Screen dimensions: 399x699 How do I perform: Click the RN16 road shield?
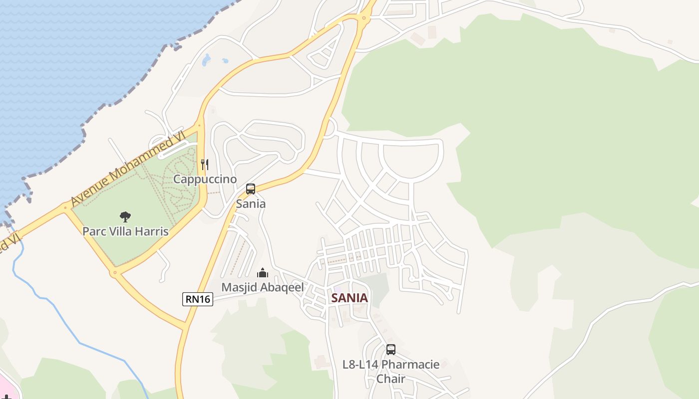[198, 299]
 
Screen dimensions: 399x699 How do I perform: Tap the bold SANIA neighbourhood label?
[349, 298]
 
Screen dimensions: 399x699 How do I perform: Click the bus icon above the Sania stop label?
[251, 189]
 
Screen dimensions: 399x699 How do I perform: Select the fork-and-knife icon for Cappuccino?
[204, 164]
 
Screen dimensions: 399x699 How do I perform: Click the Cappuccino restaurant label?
[205, 179]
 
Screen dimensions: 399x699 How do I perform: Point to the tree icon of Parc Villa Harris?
[125, 216]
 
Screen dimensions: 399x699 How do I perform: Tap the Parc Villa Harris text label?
[125, 231]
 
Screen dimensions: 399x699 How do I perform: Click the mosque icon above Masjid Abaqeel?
[262, 273]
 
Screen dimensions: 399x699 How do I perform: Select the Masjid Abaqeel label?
[262, 287]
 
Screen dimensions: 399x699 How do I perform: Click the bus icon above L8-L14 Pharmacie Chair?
[391, 350]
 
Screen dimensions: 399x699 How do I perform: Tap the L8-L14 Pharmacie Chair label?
[391, 371]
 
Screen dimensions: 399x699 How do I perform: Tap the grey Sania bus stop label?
[251, 203]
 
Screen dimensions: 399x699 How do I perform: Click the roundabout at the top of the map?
[364, 19]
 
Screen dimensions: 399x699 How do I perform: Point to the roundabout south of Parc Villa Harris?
[115, 273]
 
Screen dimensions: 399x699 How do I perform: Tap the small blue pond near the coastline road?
[206, 60]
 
